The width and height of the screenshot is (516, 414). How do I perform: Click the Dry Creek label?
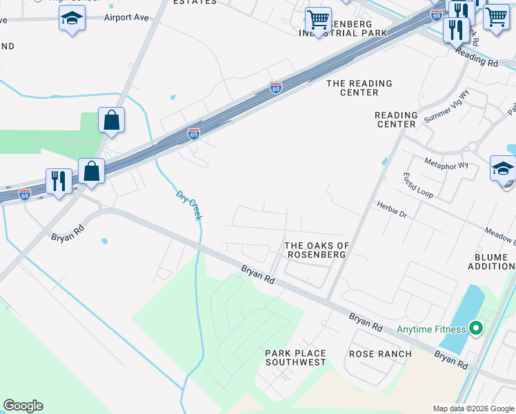(188, 206)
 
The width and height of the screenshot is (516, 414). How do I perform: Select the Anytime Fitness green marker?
(475, 328)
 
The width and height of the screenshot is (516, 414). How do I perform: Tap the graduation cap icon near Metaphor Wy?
(504, 168)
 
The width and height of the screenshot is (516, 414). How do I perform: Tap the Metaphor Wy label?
(446, 165)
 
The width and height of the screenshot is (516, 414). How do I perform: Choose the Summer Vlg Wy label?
(446, 106)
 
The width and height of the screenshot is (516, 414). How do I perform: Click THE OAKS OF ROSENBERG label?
(317, 250)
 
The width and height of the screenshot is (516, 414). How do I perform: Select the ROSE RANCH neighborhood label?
(380, 354)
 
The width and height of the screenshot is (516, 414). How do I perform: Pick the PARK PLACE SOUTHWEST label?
(295, 357)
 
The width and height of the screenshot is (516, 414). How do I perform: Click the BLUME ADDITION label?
(491, 262)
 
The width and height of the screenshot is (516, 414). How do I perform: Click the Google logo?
(23, 406)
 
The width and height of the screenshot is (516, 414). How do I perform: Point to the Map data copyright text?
(473, 408)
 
